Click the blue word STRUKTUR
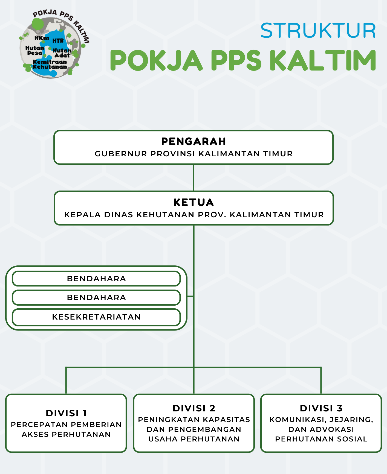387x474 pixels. pos(318,30)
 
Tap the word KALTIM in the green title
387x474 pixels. pos(323,60)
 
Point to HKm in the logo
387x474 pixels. pos(42,38)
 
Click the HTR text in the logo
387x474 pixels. pos(58,41)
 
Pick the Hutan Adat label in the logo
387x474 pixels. pos(62,53)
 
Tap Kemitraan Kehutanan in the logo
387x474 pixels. pos(50,64)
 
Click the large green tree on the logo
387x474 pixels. pos(37,24)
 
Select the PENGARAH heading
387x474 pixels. pos(194,142)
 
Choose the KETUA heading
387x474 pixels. pos(194,203)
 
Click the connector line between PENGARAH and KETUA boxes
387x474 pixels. pos(193,178)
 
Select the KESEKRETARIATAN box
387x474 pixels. pos(96,317)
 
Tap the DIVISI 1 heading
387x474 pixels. pos(66,413)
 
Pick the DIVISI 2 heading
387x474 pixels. pos(194,408)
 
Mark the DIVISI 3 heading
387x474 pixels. pos(321,408)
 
